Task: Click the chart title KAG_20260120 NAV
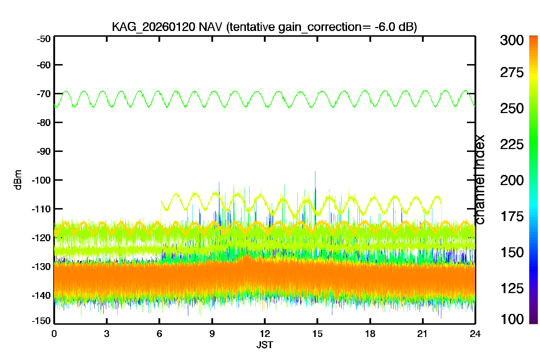click(x=167, y=27)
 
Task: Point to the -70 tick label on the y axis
click(x=44, y=94)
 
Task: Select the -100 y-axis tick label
click(x=41, y=180)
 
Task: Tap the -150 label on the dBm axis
click(x=41, y=321)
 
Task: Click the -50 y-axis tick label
click(x=44, y=39)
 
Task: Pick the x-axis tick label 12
click(x=265, y=334)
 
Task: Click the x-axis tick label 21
click(x=422, y=334)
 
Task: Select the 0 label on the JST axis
click(x=54, y=334)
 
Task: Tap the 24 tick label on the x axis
click(x=475, y=334)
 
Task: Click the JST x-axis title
click(x=265, y=345)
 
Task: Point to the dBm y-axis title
click(x=18, y=180)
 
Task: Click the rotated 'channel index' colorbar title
click(x=479, y=180)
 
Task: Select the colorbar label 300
click(x=512, y=40)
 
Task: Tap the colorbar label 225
click(x=512, y=145)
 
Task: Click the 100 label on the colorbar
click(x=512, y=319)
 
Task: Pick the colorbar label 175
click(x=512, y=216)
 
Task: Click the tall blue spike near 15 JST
click(x=315, y=193)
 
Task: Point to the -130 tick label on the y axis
click(x=41, y=267)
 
